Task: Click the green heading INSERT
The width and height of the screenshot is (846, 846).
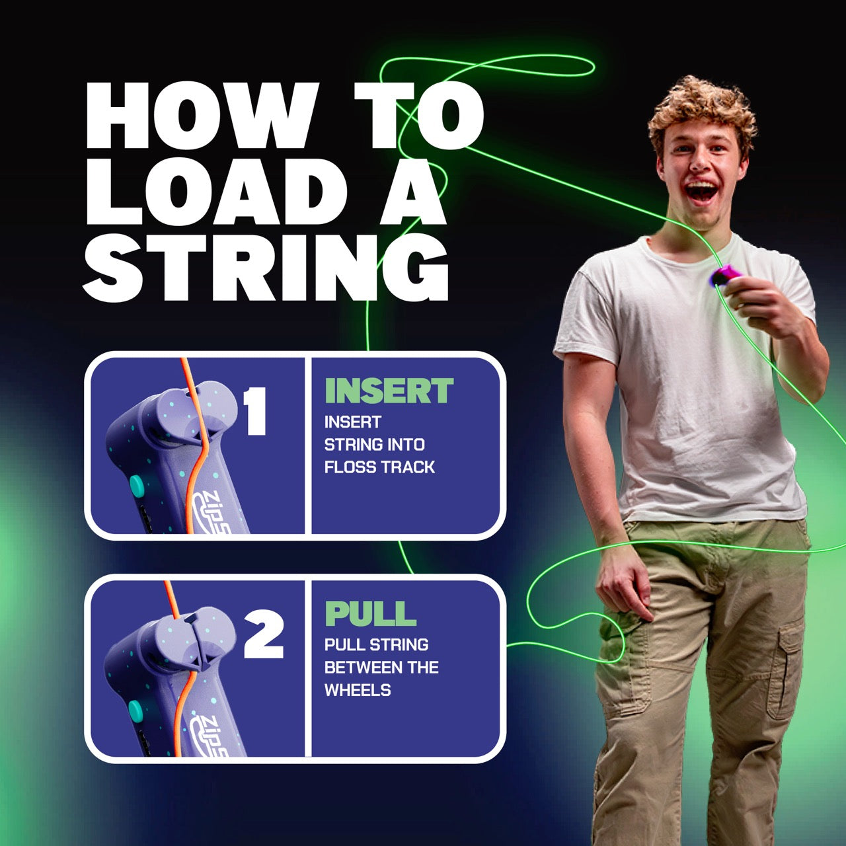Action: pos(389,391)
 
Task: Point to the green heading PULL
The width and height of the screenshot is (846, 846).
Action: pos(370,613)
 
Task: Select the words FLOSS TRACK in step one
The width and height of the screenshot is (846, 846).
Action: pos(379,467)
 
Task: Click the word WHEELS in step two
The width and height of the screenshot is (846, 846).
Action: pos(358,690)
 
